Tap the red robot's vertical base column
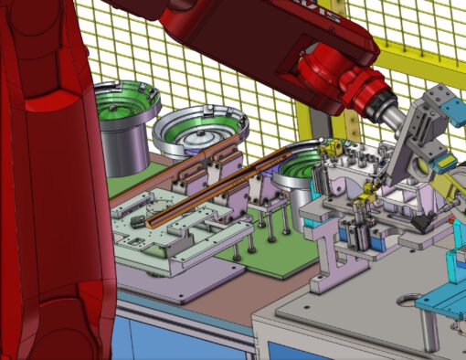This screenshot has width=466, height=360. click(46, 183)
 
